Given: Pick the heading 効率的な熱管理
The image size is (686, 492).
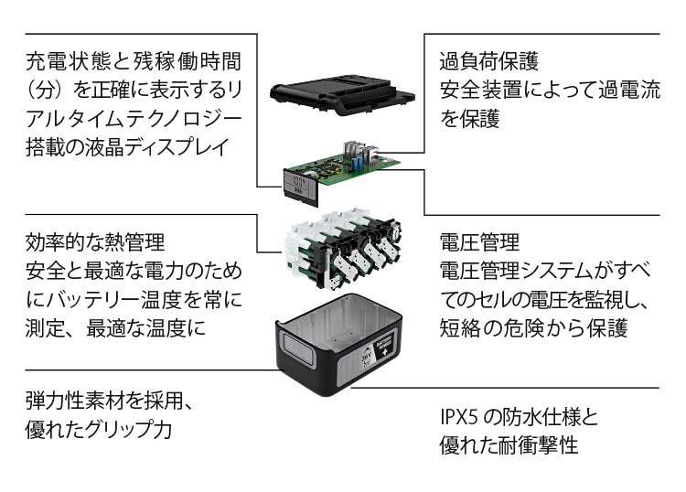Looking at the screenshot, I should pos(94,243).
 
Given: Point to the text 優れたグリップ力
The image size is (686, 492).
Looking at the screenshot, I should pos(100,430).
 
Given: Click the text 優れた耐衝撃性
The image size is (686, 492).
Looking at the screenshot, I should pos(509,448).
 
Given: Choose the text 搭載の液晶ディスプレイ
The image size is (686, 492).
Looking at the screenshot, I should pos(125,147).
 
